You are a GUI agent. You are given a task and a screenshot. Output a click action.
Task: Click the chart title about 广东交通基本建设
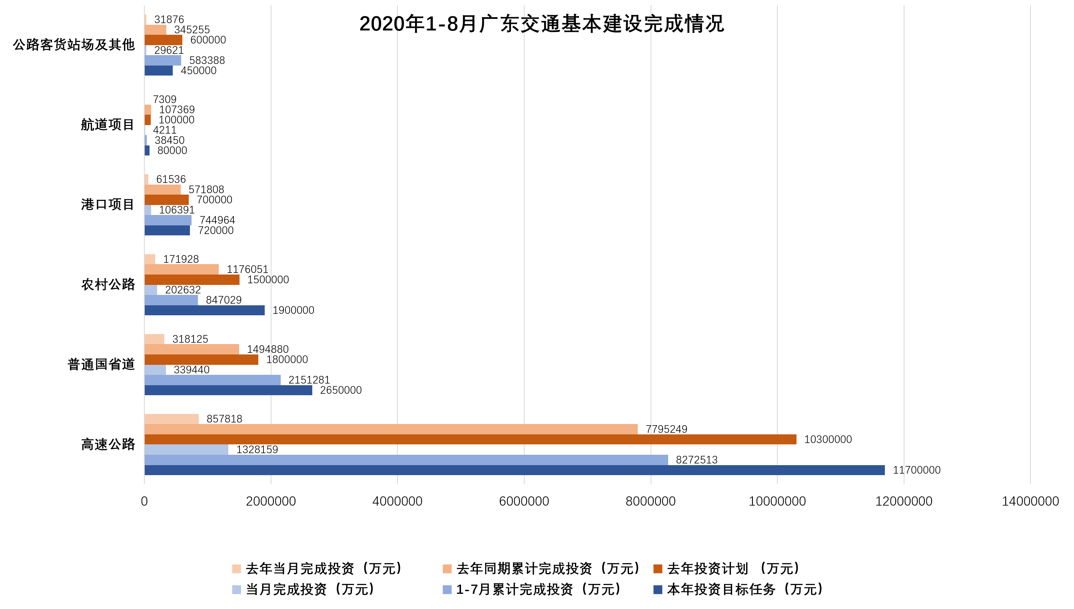coord(541,24)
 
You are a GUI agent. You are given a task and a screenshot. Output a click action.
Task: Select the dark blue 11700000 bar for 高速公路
coord(514,470)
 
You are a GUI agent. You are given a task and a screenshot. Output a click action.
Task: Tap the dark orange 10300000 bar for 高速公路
coord(470,439)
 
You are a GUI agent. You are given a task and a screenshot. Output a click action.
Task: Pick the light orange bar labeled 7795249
coord(391,429)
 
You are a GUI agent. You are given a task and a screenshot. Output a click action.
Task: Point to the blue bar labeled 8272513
coord(406,460)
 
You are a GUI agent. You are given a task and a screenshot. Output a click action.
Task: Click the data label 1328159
coord(257,450)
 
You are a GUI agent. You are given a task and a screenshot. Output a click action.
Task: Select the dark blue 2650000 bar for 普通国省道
coord(228,390)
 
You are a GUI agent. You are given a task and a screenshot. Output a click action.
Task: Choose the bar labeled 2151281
coord(212,380)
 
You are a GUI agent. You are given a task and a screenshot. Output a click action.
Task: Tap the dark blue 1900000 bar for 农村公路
coord(204,310)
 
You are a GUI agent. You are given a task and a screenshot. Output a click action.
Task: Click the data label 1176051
coord(247,269)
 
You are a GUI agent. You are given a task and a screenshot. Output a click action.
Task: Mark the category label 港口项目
coord(108,205)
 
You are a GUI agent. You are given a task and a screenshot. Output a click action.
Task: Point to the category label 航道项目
coord(108,125)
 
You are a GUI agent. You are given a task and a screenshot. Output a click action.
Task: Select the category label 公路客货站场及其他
coord(74,45)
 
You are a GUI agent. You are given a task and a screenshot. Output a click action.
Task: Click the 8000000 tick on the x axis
coord(650,501)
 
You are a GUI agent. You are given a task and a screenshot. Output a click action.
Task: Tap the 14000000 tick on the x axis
coord(1030,501)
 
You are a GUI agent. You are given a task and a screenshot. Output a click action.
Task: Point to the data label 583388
coord(207,61)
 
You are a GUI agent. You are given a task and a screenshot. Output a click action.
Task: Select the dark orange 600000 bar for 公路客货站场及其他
coord(163,40)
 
